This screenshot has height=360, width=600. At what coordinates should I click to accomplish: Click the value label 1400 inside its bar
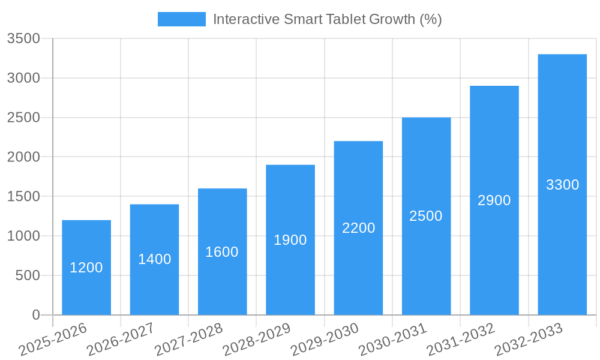[x=155, y=259]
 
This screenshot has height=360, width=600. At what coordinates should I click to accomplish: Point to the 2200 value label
[x=358, y=228]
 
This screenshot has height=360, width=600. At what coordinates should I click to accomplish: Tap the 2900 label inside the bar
[x=494, y=200]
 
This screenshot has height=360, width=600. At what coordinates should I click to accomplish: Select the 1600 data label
[x=222, y=252]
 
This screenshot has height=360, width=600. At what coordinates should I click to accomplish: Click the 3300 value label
[x=562, y=185]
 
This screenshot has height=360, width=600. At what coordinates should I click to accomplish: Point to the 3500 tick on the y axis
[x=23, y=39]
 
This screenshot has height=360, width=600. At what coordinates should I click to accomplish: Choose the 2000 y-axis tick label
[x=23, y=157]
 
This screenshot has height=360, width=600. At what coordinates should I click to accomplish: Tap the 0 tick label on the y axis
[x=36, y=315]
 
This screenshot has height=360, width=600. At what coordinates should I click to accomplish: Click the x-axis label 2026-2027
[x=121, y=340]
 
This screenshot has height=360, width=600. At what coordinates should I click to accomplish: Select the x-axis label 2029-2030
[x=325, y=340]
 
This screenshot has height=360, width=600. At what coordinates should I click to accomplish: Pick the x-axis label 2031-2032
[x=461, y=340]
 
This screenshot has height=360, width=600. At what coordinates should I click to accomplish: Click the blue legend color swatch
[x=181, y=19]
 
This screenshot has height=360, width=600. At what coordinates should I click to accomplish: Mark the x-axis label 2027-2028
[x=188, y=340]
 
